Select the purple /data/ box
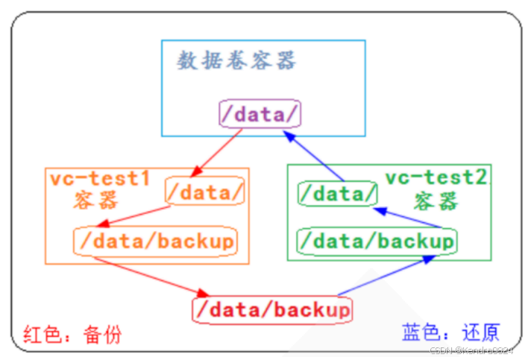pos(260,113)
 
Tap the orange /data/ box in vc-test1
pos(205,192)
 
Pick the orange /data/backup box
pos(155,241)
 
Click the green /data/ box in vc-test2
pos(337,194)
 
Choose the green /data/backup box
pos(376,241)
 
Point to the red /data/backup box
pos(272,309)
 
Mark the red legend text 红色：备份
pos(72,333)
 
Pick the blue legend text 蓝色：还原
pos(450,332)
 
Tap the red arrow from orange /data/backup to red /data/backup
pos(150,275)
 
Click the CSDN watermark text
pos(471,350)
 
